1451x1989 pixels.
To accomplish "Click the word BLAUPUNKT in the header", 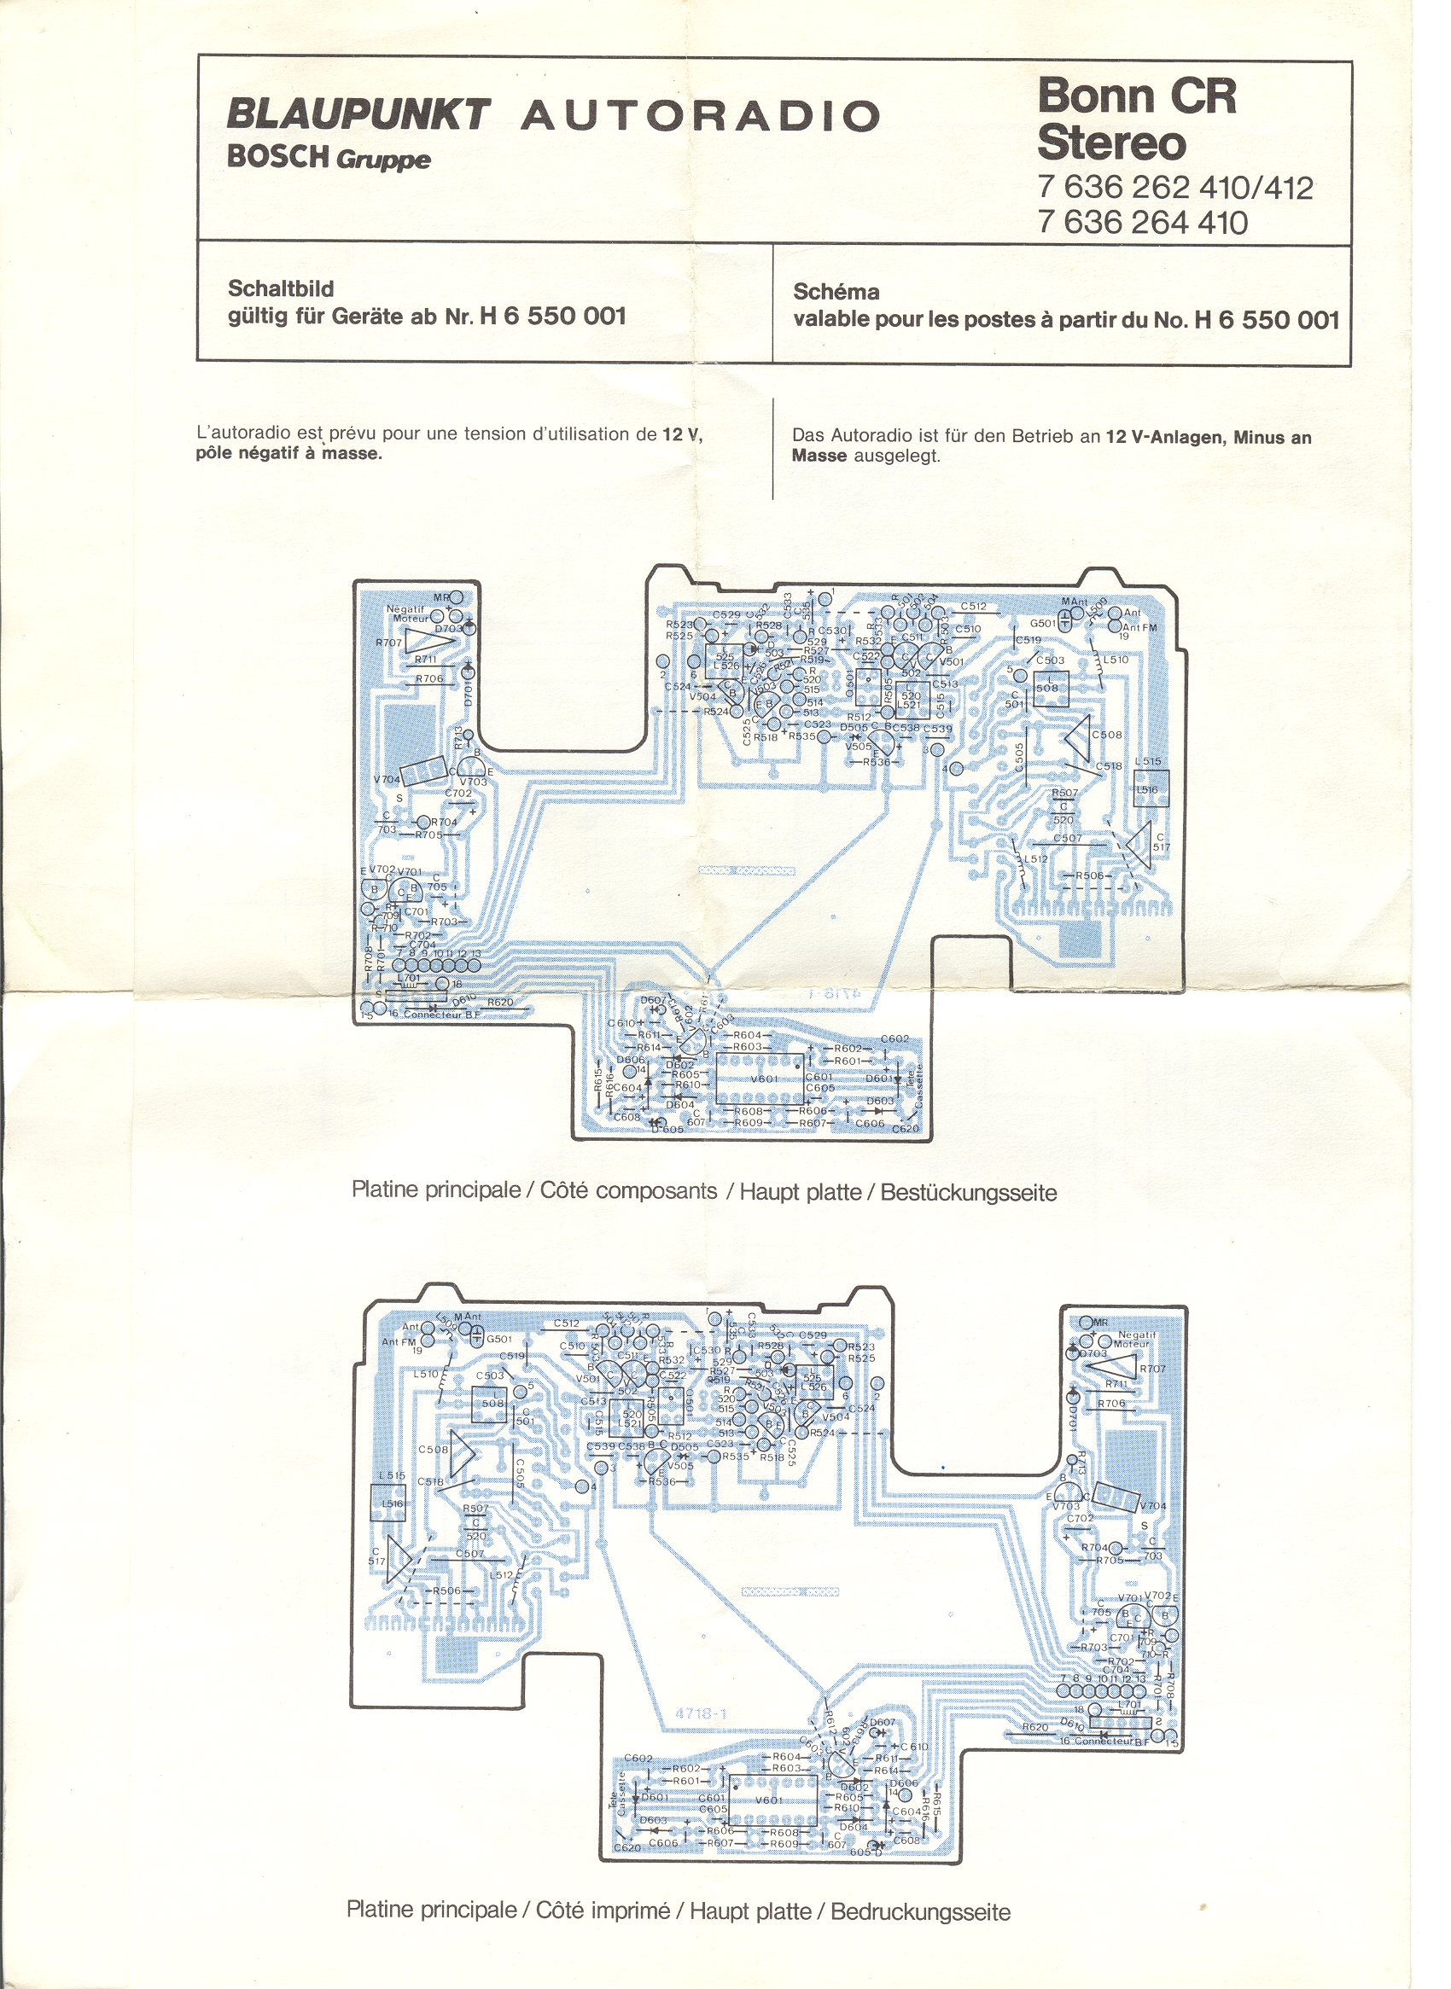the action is [x=358, y=115].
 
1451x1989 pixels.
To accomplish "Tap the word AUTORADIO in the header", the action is [x=701, y=117].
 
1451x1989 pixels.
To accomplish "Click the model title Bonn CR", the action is [x=1136, y=96].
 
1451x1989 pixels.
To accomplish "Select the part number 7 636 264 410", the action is [x=1142, y=222].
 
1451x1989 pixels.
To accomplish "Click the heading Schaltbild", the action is [x=281, y=288].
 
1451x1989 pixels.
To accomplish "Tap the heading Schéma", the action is [x=836, y=292].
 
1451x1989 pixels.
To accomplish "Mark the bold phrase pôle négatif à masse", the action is [x=288, y=454].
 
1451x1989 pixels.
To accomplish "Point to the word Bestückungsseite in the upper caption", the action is [x=968, y=1193].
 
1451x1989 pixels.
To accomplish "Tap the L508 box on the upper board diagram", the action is [x=1047, y=687].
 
